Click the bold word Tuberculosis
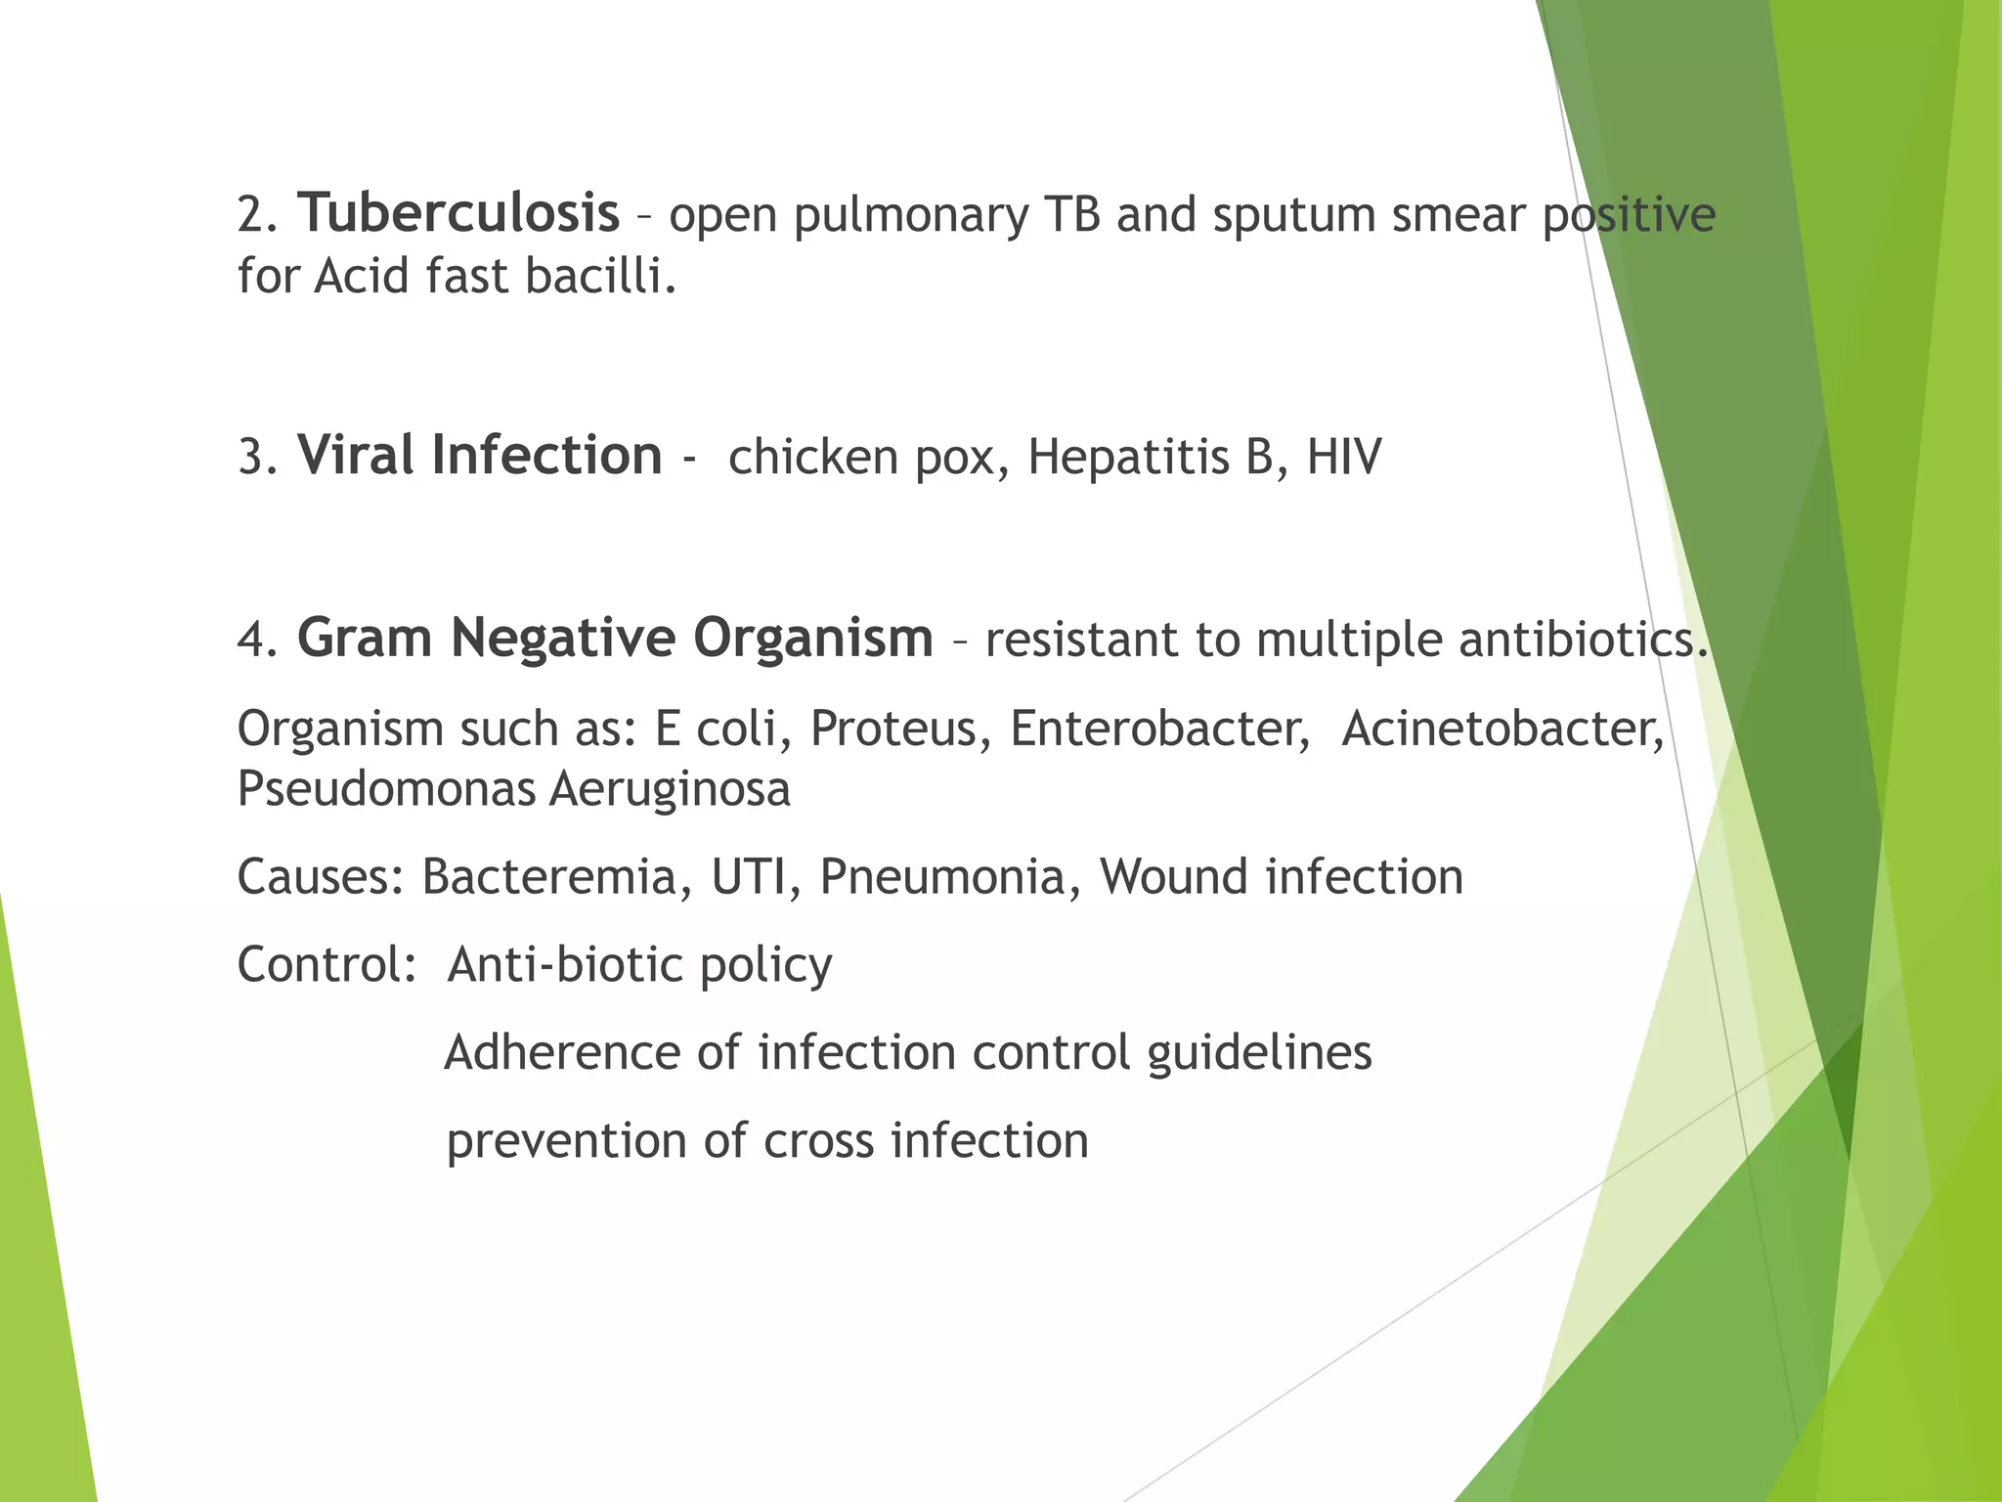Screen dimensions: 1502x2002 coord(458,214)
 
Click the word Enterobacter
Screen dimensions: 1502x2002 coord(1159,729)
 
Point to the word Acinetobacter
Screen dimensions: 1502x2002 coord(1502,729)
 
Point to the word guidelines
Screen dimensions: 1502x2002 coord(1259,1054)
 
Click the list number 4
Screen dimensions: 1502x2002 coord(256,641)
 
